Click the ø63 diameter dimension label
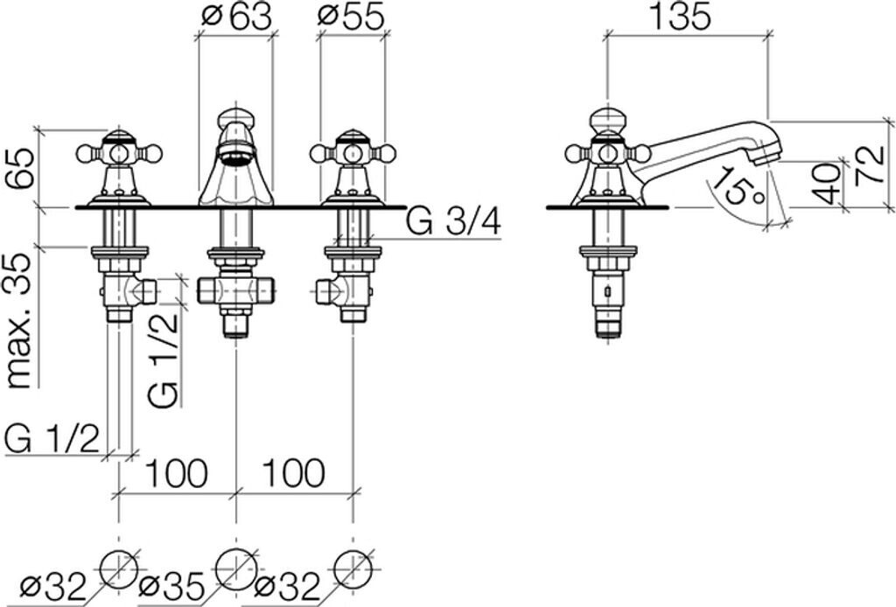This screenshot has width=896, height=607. click(x=235, y=17)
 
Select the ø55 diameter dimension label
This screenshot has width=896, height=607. click(x=351, y=17)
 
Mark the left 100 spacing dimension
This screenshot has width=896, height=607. click(x=176, y=473)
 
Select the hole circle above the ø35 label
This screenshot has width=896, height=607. click(x=235, y=567)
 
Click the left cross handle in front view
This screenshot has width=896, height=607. click(x=119, y=154)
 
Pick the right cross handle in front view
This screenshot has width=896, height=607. click(x=353, y=154)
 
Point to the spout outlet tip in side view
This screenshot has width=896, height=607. click(x=766, y=156)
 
